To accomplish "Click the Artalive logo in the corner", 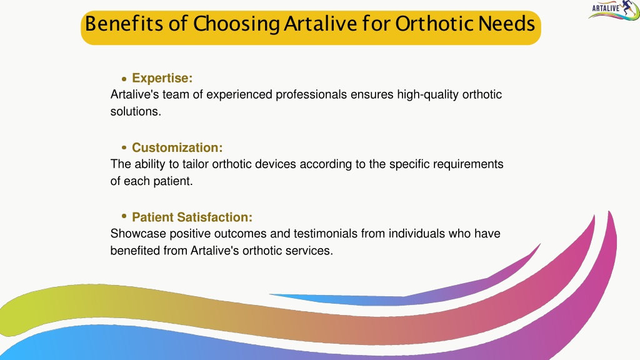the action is pos(614,10).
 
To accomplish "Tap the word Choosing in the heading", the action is pos(236,24).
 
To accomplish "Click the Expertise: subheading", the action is pos(162,78).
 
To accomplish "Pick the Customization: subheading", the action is pos(177,147).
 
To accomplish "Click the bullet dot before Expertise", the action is pos(124,79).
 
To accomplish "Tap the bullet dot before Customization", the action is pos(124,147).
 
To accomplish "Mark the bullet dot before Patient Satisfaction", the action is pos(124,216).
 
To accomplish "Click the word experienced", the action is pos(239,95).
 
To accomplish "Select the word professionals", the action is pos(311,95).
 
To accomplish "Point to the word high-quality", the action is pos(427,95).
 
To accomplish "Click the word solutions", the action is pos(136,111).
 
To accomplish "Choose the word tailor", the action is pos(196,164).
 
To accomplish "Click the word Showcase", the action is pos(138,234).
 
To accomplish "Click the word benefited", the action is pos(135,250).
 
